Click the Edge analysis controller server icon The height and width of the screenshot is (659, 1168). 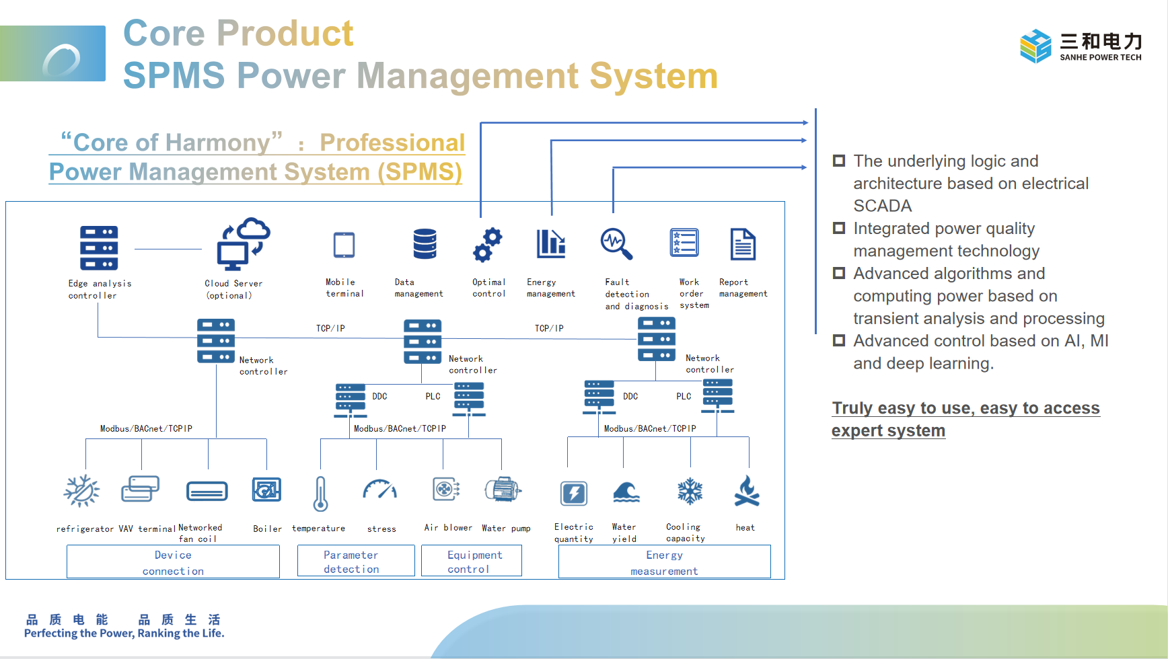[99, 247]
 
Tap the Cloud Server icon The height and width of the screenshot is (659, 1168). [243, 243]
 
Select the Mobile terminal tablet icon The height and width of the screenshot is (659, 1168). [344, 245]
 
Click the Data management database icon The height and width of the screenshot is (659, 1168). [425, 243]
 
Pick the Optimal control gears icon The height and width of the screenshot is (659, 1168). [488, 244]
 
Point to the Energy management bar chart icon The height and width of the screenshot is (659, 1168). [550, 243]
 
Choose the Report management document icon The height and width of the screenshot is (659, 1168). [743, 243]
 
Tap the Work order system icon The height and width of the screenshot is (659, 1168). [684, 243]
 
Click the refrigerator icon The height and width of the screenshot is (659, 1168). [81, 490]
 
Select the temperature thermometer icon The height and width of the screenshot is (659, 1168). [320, 494]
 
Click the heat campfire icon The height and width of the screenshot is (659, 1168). [747, 491]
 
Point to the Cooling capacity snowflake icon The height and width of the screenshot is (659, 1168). [690, 492]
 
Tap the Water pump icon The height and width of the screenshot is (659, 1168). [503, 490]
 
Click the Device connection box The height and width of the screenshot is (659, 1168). [173, 561]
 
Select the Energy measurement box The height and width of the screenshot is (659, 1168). [664, 561]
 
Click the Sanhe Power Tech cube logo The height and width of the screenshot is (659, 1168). [1035, 46]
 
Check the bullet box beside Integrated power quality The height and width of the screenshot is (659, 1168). [839, 228]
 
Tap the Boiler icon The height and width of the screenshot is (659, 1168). [266, 490]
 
